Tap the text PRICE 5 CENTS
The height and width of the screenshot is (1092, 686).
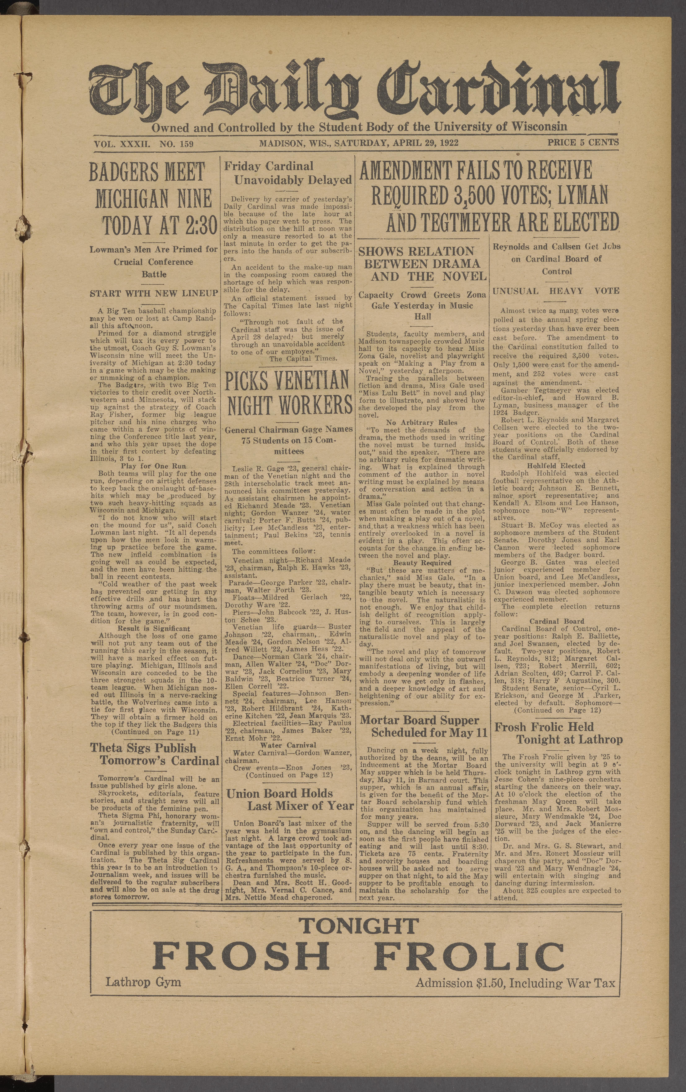(583, 142)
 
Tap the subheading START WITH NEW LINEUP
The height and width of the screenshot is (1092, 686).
(154, 293)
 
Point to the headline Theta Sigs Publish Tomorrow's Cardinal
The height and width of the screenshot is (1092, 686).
(154, 754)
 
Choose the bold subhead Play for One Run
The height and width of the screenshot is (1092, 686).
(153, 466)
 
